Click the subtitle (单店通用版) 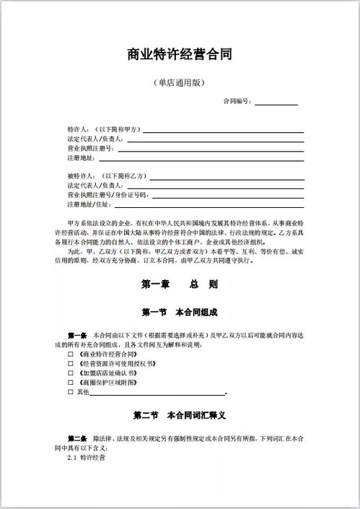(180, 83)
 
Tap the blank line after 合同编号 (276, 103)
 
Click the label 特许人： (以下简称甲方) (104, 129)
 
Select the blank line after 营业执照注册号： (209, 148)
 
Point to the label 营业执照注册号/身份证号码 (107, 195)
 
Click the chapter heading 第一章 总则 (180, 284)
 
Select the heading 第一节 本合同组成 (180, 313)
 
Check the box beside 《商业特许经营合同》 (71, 355)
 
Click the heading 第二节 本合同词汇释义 (180, 417)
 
